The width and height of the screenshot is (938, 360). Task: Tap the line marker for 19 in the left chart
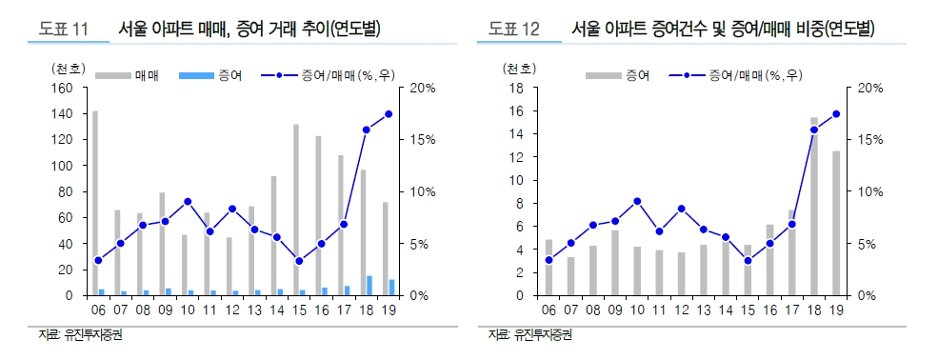[x=389, y=114]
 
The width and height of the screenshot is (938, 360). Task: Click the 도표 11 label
[x=63, y=30]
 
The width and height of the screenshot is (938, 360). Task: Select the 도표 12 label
[x=514, y=30]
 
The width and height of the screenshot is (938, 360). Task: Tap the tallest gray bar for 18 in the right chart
[x=814, y=206]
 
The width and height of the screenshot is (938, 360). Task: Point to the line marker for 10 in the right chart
[x=636, y=201]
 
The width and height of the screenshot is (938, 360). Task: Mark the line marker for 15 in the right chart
[x=748, y=261]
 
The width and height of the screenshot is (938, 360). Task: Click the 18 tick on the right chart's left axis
[x=519, y=89]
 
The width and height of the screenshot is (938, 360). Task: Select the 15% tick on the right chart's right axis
[x=870, y=140]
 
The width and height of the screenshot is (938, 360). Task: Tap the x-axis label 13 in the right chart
[x=703, y=310]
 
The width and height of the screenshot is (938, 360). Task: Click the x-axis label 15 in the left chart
[x=298, y=310]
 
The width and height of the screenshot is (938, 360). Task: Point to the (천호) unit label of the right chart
[x=519, y=69]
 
